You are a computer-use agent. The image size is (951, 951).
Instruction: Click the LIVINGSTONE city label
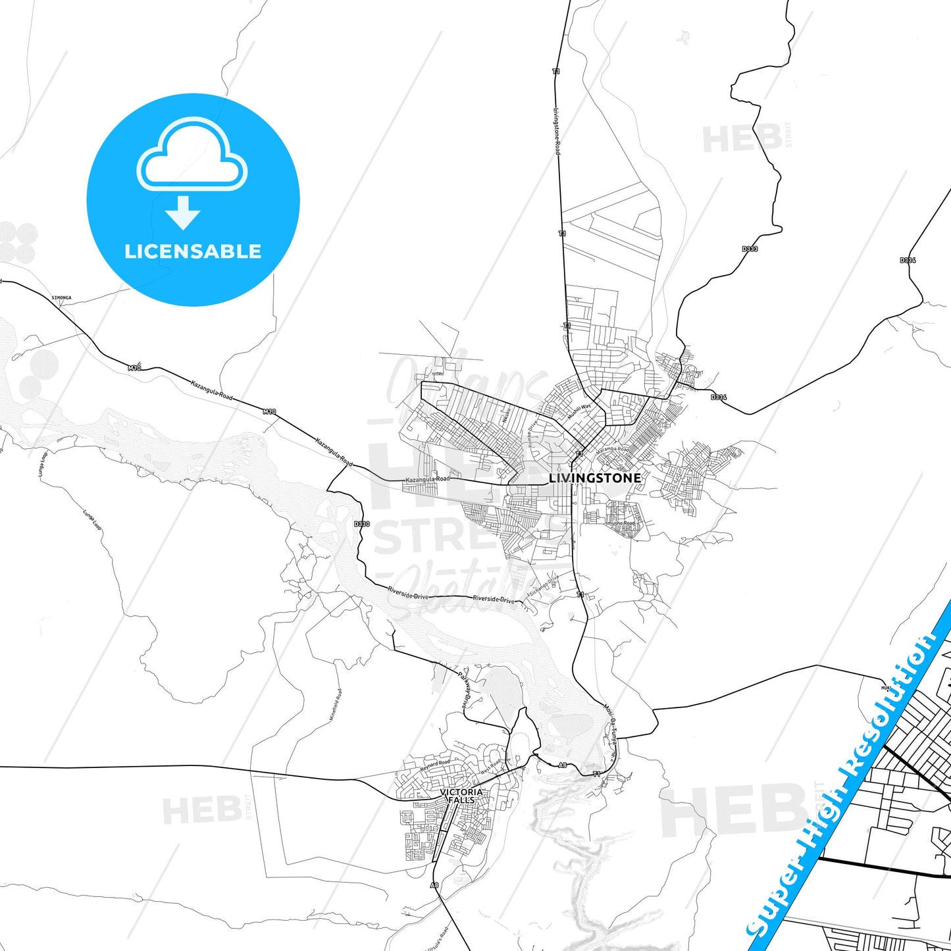click(594, 478)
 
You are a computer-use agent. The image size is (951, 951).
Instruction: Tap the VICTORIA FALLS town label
click(461, 796)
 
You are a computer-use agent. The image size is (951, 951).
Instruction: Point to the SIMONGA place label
click(61, 297)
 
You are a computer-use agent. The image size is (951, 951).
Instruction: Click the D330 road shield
click(361, 524)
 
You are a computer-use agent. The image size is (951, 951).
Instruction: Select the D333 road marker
click(750, 249)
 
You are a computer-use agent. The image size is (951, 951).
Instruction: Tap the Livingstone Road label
click(557, 132)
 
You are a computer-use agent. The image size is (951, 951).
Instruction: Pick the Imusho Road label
click(619, 523)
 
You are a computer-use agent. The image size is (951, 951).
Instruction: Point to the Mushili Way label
click(579, 411)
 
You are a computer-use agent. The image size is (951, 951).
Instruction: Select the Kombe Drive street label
click(532, 428)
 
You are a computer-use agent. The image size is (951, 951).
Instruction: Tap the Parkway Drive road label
click(465, 688)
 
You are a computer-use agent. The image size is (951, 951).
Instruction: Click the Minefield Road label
click(336, 704)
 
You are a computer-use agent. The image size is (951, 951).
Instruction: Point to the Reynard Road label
click(435, 766)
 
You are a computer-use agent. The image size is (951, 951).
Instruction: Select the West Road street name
click(491, 767)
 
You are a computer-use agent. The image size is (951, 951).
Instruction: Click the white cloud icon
click(192, 155)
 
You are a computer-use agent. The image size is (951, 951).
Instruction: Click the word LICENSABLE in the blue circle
click(193, 251)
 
